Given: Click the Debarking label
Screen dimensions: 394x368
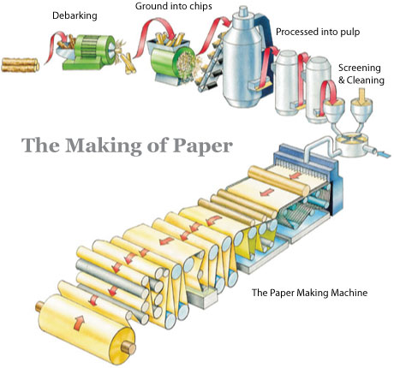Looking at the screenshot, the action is click(75, 15).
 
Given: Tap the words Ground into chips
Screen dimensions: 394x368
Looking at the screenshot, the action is click(174, 6).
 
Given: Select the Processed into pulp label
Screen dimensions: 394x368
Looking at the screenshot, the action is click(318, 32).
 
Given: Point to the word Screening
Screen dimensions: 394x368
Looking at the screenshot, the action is click(360, 68).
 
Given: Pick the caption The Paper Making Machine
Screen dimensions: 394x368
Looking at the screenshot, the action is click(309, 293).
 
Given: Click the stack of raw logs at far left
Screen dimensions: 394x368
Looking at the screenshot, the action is click(20, 65).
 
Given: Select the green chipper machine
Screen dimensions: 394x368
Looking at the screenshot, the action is click(171, 62).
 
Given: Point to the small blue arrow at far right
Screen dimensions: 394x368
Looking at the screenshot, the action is click(384, 154).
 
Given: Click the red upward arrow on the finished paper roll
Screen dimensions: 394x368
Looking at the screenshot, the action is click(79, 323).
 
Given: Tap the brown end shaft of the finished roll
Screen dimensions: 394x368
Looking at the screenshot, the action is click(128, 348).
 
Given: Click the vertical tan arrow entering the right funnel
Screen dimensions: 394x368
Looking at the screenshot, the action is click(362, 95).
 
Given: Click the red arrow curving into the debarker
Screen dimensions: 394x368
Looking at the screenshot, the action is click(56, 45).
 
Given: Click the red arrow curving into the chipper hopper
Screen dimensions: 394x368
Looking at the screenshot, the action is click(155, 33).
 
